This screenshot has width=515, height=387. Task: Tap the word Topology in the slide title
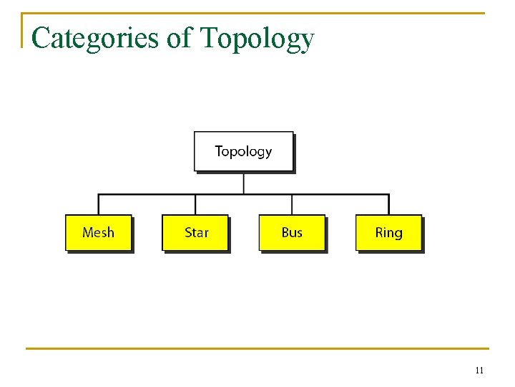click(257, 38)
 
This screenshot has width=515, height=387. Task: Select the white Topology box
click(243, 151)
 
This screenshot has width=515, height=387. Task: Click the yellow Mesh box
click(98, 232)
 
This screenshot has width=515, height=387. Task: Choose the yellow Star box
click(195, 232)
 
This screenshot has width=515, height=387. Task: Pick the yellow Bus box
click(291, 232)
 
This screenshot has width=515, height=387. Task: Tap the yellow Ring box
click(388, 232)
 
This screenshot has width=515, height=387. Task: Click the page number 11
click(479, 371)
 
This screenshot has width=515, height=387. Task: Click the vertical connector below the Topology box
click(244, 183)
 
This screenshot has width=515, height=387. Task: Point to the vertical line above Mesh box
click(98, 204)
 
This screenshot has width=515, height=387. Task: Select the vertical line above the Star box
click(195, 204)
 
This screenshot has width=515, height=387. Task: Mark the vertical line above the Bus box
click(292, 204)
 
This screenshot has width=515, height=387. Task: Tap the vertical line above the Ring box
click(388, 204)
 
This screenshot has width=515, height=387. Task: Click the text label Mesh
click(98, 232)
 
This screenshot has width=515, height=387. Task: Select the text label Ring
click(388, 232)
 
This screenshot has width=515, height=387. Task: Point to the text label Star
click(197, 232)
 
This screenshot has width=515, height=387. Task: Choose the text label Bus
click(292, 232)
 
